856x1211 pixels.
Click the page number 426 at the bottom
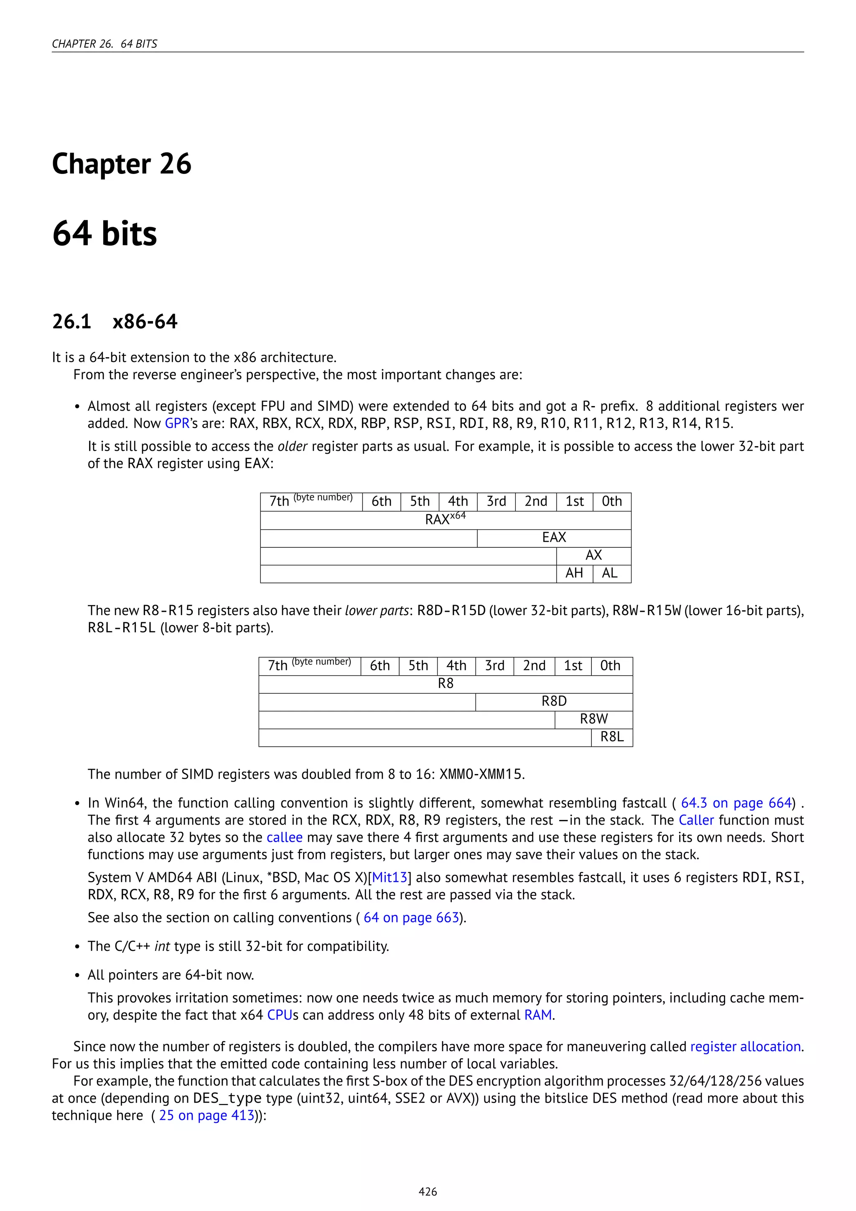[428, 1191]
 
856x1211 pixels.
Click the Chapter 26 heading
[121, 164]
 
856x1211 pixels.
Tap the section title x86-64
[145, 321]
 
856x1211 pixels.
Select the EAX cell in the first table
[553, 537]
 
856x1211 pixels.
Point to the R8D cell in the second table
[553, 702]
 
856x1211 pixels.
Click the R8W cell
[594, 719]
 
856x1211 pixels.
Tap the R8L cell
[611, 737]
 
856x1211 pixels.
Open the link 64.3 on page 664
[736, 803]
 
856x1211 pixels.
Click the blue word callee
[284, 838]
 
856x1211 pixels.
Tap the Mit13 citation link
[390, 878]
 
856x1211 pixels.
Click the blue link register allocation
[745, 1047]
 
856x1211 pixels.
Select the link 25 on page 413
[206, 1116]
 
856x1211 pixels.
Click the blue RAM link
[538, 1015]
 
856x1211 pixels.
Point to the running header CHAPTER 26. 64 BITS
[104, 44]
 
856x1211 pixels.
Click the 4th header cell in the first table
[458, 502]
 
